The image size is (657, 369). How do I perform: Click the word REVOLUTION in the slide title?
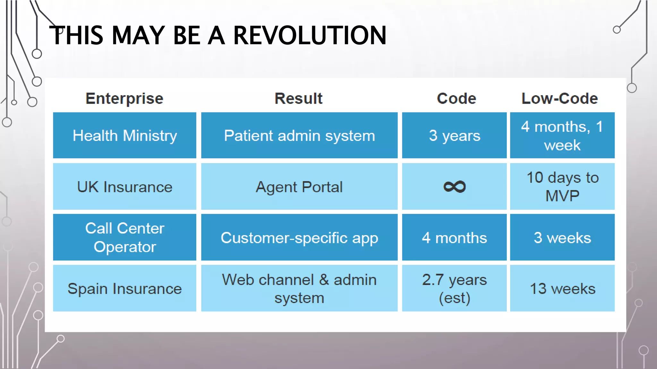[x=310, y=35]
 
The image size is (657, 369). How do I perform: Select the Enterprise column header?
[x=124, y=99]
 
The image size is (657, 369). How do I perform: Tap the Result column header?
[x=299, y=98]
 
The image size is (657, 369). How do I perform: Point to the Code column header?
[x=456, y=98]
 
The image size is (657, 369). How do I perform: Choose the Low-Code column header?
[x=560, y=98]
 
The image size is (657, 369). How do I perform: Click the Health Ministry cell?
[x=124, y=135]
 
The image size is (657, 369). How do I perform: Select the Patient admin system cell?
[x=299, y=135]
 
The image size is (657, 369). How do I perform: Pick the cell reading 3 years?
[x=454, y=135]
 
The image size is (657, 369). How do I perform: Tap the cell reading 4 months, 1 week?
[x=562, y=135]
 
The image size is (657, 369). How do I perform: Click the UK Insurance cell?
[x=124, y=186]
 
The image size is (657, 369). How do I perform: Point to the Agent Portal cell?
[x=299, y=186]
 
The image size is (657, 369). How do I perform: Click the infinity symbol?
[x=455, y=187]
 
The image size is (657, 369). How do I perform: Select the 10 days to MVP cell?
[x=562, y=186]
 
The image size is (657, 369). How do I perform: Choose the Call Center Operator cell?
[x=124, y=237]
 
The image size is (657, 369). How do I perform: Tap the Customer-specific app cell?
[x=299, y=237]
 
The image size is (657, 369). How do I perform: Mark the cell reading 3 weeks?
[x=562, y=237]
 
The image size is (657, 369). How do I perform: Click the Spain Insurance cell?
[x=124, y=288]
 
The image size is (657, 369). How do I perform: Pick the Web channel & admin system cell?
[x=299, y=288]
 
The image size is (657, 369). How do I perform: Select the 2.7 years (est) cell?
[x=454, y=288]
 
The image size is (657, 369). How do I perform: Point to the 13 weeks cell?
[x=562, y=288]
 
